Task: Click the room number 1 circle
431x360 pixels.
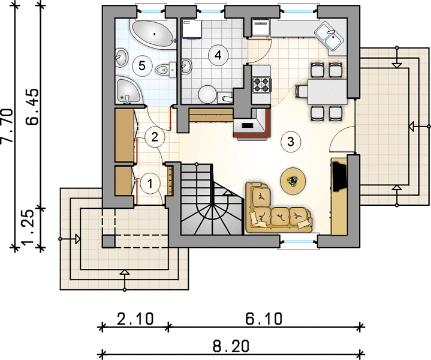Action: click(150, 184)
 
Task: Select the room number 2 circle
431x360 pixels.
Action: click(155, 137)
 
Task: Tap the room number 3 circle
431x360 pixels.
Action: click(291, 142)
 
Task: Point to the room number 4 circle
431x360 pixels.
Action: click(218, 55)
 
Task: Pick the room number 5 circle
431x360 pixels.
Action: click(142, 65)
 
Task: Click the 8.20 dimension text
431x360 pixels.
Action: click(231, 346)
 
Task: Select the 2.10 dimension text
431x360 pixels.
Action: click(135, 319)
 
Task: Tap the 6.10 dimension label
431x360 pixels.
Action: click(264, 319)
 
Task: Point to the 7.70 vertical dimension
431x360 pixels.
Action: click(7, 126)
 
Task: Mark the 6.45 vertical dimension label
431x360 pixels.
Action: click(33, 107)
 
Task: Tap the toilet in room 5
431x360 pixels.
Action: click(166, 70)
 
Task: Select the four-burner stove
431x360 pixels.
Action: click(261, 85)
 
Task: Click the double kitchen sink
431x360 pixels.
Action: click(329, 37)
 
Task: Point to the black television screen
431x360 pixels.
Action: click(339, 176)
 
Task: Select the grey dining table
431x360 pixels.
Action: click(327, 92)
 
